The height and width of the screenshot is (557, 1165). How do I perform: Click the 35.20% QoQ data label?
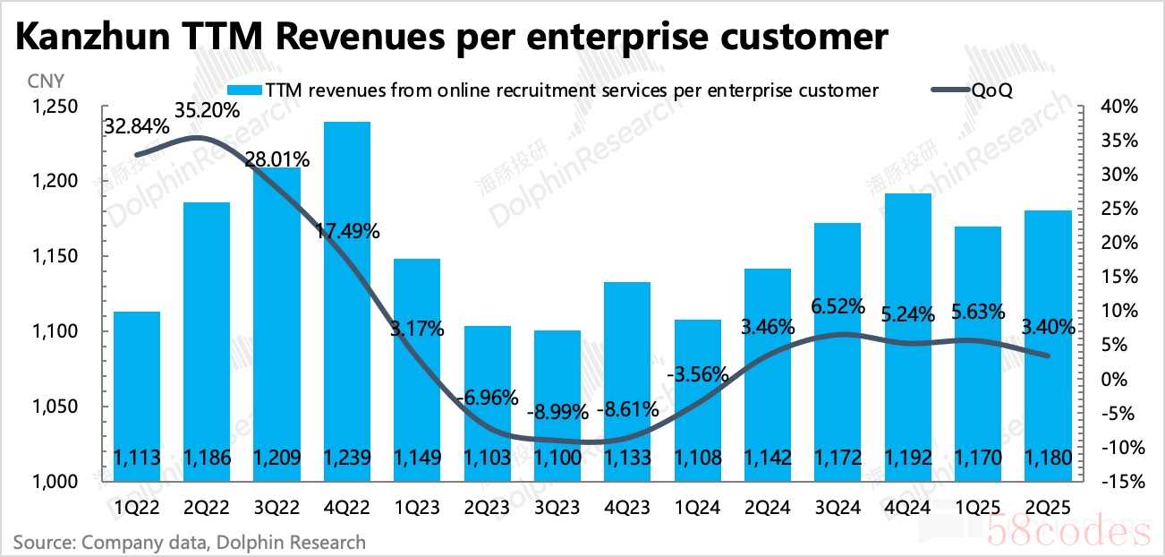[x=208, y=112]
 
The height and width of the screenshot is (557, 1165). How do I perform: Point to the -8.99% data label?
[x=557, y=413]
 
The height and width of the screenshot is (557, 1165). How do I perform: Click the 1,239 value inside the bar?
[x=347, y=458]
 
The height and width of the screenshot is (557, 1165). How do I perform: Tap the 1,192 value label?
[x=907, y=458]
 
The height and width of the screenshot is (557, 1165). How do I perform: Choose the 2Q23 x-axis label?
[x=488, y=508]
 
